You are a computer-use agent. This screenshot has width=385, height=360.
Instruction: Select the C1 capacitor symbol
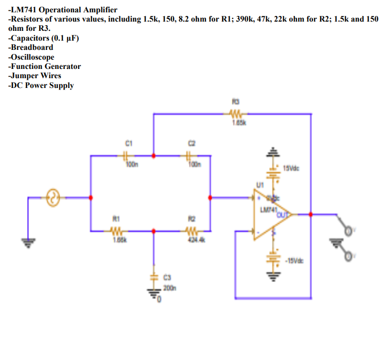pos(126,154)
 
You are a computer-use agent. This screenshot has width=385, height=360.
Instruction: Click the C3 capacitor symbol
pos(153,276)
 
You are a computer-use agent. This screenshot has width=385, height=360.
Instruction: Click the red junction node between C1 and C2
pos(153,154)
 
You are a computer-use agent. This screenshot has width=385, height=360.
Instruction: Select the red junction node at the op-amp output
pos(310,214)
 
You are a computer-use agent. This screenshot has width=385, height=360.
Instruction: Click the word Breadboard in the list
pos(32,47)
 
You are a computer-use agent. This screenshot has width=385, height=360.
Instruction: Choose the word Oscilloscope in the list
pos(33,57)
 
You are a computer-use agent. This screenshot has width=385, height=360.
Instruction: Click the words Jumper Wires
pos(37,76)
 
